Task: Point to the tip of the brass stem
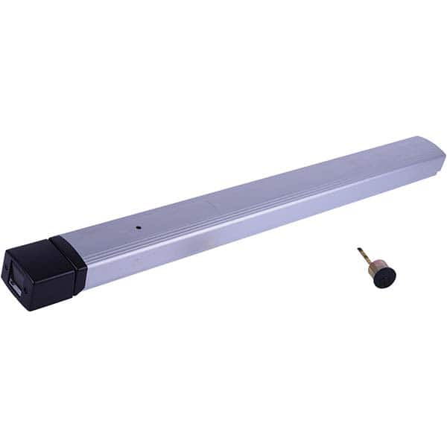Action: point(358,251)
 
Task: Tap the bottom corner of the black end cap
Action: point(26,306)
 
